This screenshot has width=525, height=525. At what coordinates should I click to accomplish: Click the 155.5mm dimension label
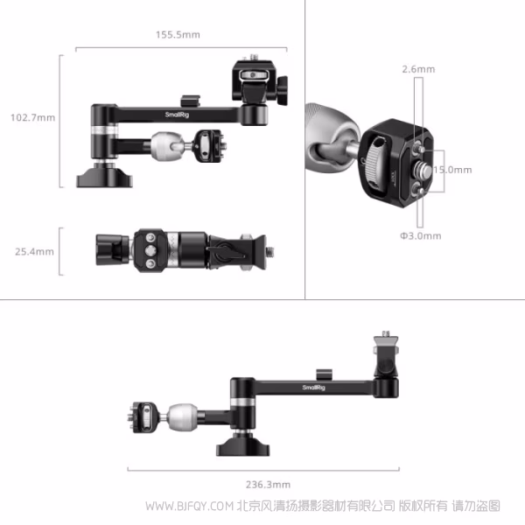point(178,35)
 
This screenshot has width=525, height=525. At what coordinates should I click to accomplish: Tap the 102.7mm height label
point(33,117)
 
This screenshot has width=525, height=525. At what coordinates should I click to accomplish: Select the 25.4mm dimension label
point(34,251)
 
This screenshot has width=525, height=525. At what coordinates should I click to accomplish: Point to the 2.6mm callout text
point(418,69)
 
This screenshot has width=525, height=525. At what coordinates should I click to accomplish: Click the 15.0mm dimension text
point(452,170)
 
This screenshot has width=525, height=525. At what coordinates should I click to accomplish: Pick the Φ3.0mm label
point(421,236)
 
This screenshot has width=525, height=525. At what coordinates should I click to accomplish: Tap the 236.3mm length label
point(269,485)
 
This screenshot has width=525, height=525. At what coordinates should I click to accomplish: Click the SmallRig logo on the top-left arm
point(177,115)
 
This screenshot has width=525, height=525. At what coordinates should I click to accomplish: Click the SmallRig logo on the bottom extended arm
point(314,388)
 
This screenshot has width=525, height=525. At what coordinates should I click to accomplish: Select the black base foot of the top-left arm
point(104,178)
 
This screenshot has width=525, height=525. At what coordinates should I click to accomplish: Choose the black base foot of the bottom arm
point(243,445)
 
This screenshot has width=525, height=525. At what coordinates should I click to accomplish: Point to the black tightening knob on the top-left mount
point(283,90)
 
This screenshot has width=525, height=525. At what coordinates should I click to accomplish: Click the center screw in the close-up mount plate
point(421,170)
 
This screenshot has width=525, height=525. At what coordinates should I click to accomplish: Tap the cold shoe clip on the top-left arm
point(190,101)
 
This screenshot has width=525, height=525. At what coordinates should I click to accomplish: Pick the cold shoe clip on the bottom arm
point(324,374)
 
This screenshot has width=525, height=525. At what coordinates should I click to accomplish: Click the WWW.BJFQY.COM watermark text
point(190,506)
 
